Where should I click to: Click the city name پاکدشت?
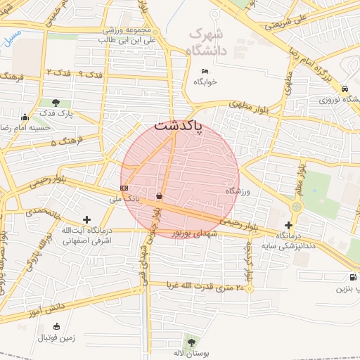point(177,127)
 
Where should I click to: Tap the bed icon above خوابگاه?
point(205,72)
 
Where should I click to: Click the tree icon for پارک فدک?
point(55,103)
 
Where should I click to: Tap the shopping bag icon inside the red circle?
point(160,195)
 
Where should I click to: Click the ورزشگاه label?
point(238,191)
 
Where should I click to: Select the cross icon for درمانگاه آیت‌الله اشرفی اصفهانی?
point(86,220)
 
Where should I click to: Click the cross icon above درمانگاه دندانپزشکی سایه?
point(288,225)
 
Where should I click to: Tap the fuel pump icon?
point(352,277)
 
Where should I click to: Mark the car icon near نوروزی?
point(345,89)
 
